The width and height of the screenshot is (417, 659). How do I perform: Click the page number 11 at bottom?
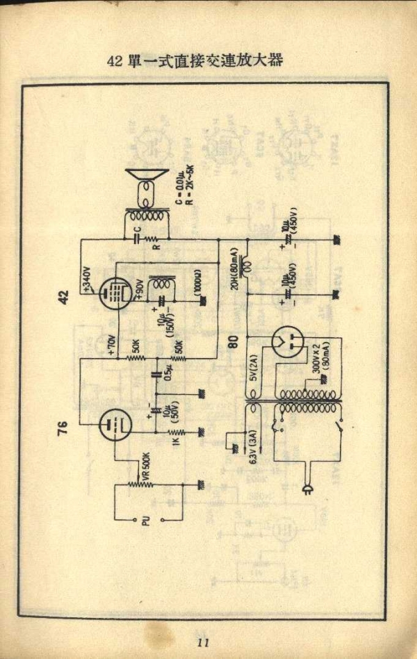point(203,642)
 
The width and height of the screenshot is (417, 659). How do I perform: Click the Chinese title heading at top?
point(195,60)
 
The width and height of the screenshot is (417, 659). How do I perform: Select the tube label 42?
point(64,298)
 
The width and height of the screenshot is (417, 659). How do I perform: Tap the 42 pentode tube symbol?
point(115,294)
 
